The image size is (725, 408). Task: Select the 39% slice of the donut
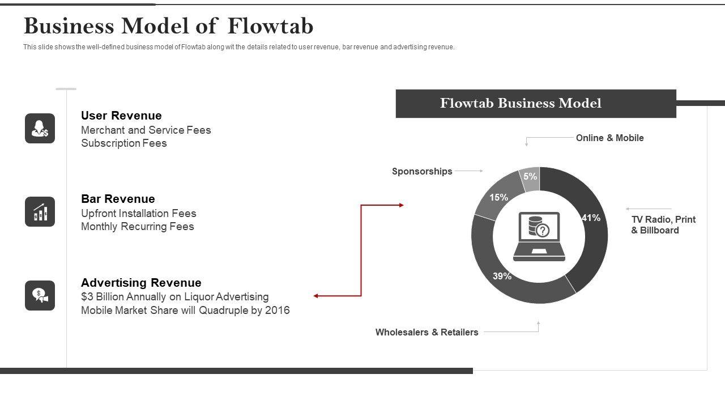(x=510, y=280)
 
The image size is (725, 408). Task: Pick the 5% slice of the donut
(x=531, y=178)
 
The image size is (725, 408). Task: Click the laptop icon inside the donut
(x=539, y=236)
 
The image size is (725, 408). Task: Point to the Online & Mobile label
(x=609, y=138)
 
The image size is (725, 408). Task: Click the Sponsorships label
(x=422, y=171)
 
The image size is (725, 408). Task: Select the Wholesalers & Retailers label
(x=427, y=332)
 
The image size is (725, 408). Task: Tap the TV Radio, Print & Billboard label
(x=663, y=224)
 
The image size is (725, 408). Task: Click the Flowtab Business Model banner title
(x=521, y=103)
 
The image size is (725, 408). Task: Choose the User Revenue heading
(x=121, y=116)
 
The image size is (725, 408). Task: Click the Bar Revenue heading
(x=118, y=199)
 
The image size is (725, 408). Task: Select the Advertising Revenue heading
(x=141, y=283)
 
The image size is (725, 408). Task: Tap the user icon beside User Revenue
(x=40, y=128)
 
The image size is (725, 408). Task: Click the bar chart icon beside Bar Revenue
(x=40, y=212)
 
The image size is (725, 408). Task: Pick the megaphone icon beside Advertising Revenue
(x=40, y=295)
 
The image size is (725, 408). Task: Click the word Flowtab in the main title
(x=271, y=26)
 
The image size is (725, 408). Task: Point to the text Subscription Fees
(x=123, y=143)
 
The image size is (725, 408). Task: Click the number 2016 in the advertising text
(x=277, y=311)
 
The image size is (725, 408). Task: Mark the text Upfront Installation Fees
(x=138, y=214)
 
